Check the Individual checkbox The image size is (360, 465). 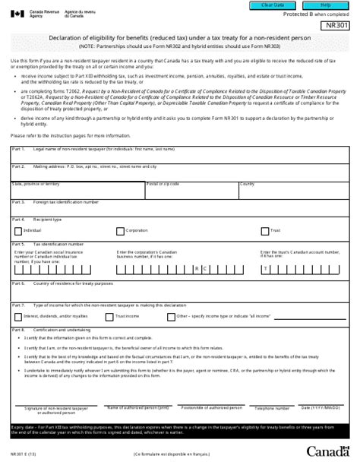(18, 230)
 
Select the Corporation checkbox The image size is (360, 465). (120, 230)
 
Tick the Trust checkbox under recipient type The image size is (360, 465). (264, 230)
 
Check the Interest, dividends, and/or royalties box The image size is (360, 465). (18, 315)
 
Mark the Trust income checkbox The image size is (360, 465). (109, 315)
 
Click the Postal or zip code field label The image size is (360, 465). (162, 184)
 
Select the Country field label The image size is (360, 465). (248, 184)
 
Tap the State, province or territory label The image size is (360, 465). (36, 184)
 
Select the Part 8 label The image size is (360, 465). (19, 331)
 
